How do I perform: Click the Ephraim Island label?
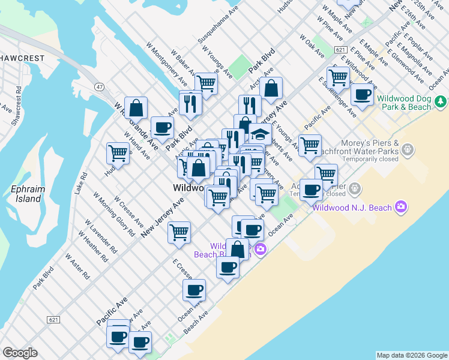pos(28,194)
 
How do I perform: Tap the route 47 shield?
pos(99,87)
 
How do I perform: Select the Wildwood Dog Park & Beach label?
pos(412,101)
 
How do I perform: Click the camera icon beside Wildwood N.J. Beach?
pos(400,208)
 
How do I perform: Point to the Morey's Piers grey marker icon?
pos(408,148)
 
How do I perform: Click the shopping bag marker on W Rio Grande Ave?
pos(136,109)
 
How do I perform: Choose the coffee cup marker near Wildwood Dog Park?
pos(362,94)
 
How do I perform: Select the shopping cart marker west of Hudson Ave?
pos(118,152)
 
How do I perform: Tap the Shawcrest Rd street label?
pos(19,100)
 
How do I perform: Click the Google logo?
pos(20,353)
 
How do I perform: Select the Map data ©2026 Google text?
pos(412,355)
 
